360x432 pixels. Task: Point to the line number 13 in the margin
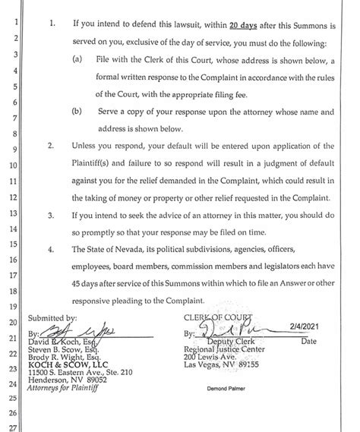13,214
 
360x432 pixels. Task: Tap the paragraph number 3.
50,216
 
